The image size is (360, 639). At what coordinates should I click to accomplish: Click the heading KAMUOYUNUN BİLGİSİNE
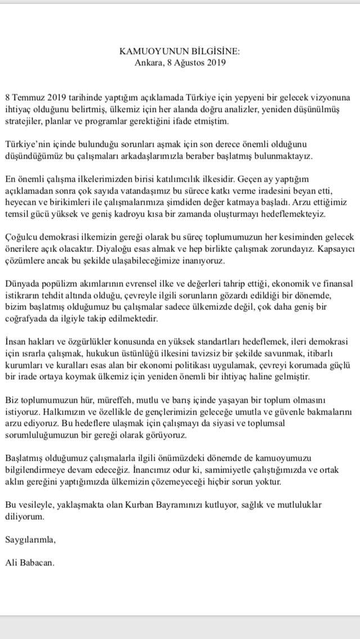coord(180,51)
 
